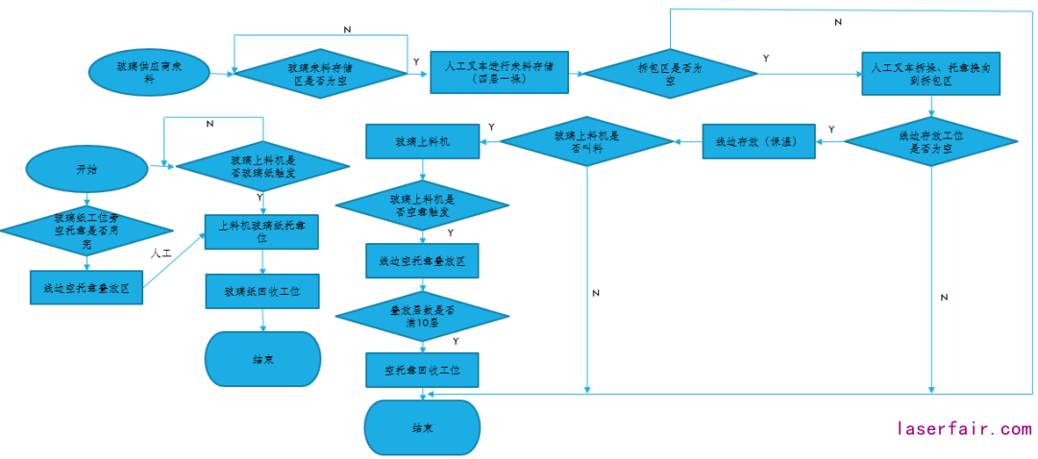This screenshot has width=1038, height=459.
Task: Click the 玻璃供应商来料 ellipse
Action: point(148,73)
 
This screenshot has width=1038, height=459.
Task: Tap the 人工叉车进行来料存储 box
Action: point(499,72)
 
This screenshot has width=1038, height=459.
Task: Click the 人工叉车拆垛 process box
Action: point(930,72)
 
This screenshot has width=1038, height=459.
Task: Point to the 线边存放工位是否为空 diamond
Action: point(930,143)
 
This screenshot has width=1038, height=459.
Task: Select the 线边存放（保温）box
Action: point(758,143)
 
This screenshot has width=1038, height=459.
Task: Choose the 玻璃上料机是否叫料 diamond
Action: point(587,142)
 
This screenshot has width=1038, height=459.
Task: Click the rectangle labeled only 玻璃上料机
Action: point(422,142)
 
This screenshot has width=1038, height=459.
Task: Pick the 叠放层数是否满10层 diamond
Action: point(422,315)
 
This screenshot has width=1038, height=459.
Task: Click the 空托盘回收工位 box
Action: point(422,370)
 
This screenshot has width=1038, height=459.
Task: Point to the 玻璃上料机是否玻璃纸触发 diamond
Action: point(262,167)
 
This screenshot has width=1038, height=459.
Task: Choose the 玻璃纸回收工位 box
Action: point(262,290)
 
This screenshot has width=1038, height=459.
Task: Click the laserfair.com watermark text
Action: point(964,428)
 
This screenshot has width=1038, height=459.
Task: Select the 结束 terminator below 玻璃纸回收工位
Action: point(262,359)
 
